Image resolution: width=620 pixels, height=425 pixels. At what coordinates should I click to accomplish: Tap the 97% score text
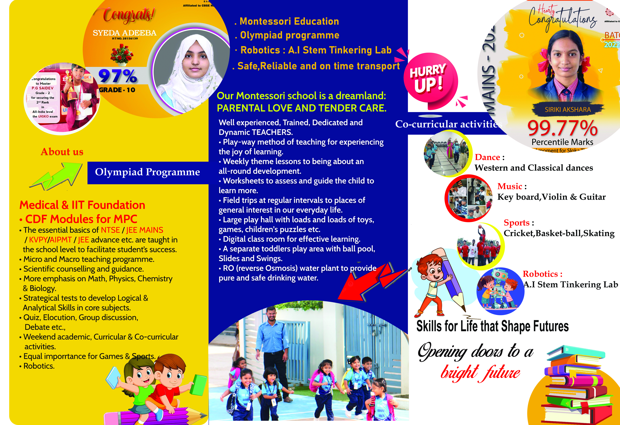tap(118, 76)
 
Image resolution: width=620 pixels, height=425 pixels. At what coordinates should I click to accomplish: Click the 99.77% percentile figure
tap(562, 128)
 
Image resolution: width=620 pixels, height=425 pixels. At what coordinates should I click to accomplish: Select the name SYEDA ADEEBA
tap(125, 33)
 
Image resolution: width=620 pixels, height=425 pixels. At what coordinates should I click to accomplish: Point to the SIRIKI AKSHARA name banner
tap(568, 109)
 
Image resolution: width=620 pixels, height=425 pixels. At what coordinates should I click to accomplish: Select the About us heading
tap(62, 152)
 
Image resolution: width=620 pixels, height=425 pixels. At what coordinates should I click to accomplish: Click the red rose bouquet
tap(122, 55)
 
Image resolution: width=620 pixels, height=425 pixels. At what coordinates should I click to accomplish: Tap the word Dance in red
tap(487, 157)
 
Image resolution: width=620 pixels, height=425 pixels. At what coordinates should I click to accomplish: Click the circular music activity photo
tap(469, 198)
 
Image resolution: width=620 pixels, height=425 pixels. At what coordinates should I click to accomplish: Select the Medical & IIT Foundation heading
tap(82, 205)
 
